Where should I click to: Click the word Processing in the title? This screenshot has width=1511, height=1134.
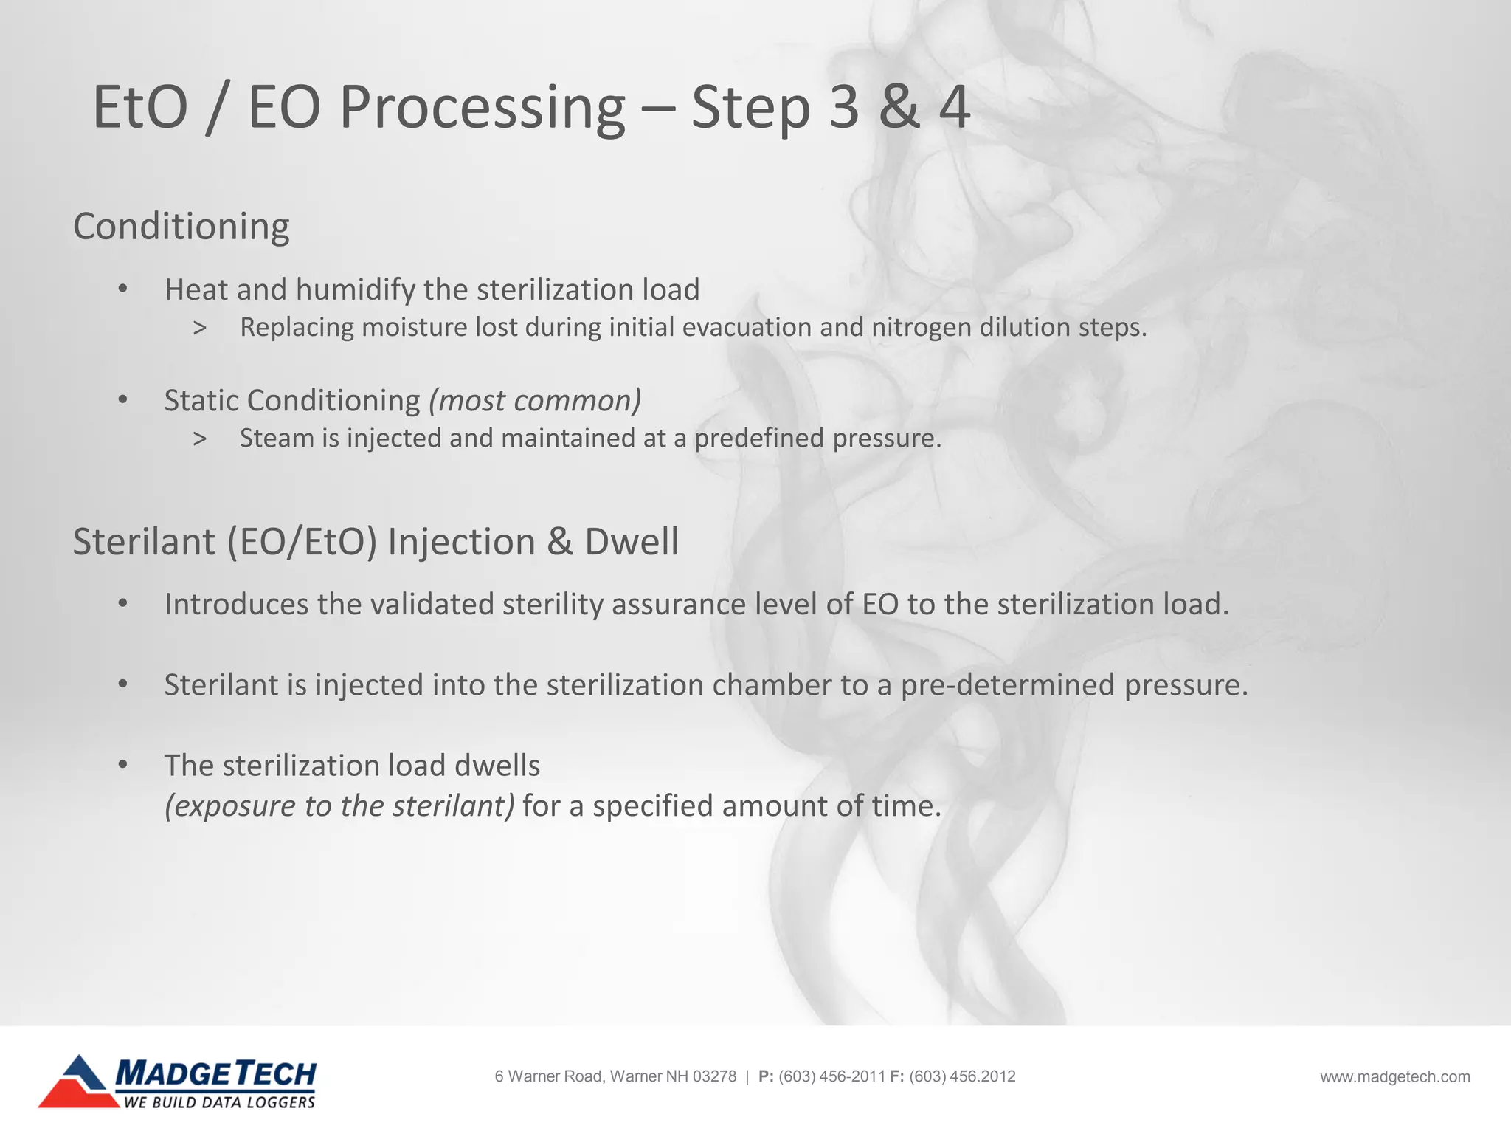(482, 109)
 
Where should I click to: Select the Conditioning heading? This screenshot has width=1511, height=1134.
(181, 226)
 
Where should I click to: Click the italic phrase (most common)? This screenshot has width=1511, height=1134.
(535, 401)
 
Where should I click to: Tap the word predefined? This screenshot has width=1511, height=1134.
(758, 439)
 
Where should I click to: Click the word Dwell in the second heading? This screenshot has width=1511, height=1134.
(631, 542)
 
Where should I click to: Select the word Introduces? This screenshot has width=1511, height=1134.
(236, 605)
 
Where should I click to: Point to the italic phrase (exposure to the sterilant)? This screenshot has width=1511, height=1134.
(339, 806)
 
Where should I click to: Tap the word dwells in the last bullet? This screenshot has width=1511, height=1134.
(497, 766)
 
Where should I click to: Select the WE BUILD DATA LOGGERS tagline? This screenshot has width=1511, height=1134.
(219, 1102)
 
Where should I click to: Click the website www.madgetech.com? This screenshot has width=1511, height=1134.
(1394, 1077)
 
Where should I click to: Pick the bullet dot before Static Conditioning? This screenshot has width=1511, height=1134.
(123, 401)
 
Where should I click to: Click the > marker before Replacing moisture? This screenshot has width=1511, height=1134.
(199, 328)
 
